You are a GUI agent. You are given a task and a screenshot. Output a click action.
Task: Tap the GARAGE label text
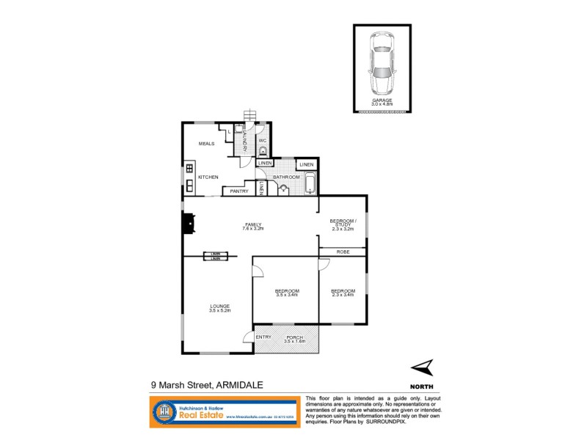382,100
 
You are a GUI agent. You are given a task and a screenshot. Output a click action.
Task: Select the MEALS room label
206,144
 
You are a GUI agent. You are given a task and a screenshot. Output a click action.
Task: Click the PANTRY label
239,191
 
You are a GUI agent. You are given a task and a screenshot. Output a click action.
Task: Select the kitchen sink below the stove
189,183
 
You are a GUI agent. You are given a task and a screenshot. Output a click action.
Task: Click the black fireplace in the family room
188,223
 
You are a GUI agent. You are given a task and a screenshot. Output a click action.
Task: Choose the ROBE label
343,252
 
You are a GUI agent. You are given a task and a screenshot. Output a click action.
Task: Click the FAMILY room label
253,225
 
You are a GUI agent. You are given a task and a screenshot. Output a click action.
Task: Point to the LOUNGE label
219,307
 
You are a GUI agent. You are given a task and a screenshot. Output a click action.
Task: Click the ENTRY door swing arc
248,338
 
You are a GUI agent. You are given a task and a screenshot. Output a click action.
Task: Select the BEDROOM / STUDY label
342,223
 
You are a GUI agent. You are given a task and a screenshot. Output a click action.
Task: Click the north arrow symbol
422,367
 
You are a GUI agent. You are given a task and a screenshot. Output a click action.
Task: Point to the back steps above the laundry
250,115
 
